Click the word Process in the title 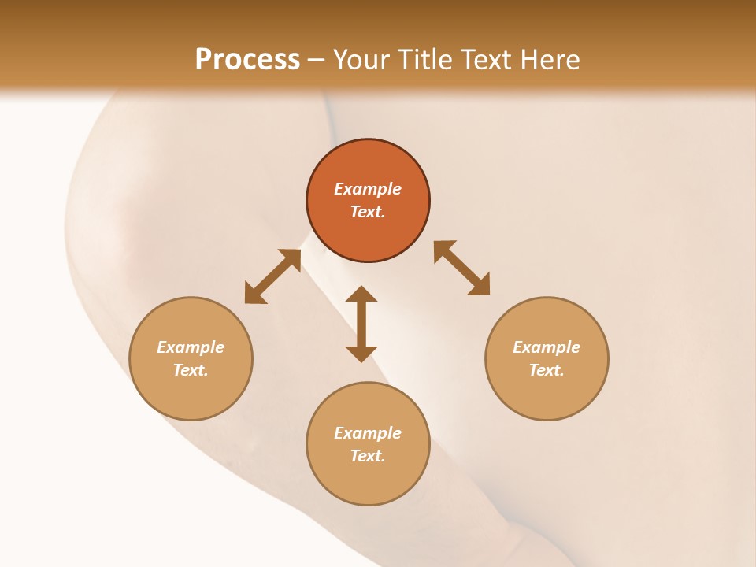pos(247,60)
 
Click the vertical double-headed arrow pos(361,324)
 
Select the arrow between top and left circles pos(272,276)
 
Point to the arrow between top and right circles pos(461,268)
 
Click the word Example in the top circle pos(368,189)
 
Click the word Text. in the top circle pos(368,212)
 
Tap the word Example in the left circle pos(191,347)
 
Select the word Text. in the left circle pos(191,370)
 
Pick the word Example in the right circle pos(547,347)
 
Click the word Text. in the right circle pos(547,370)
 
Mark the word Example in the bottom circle pos(368,433)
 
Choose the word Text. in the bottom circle pos(368,456)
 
